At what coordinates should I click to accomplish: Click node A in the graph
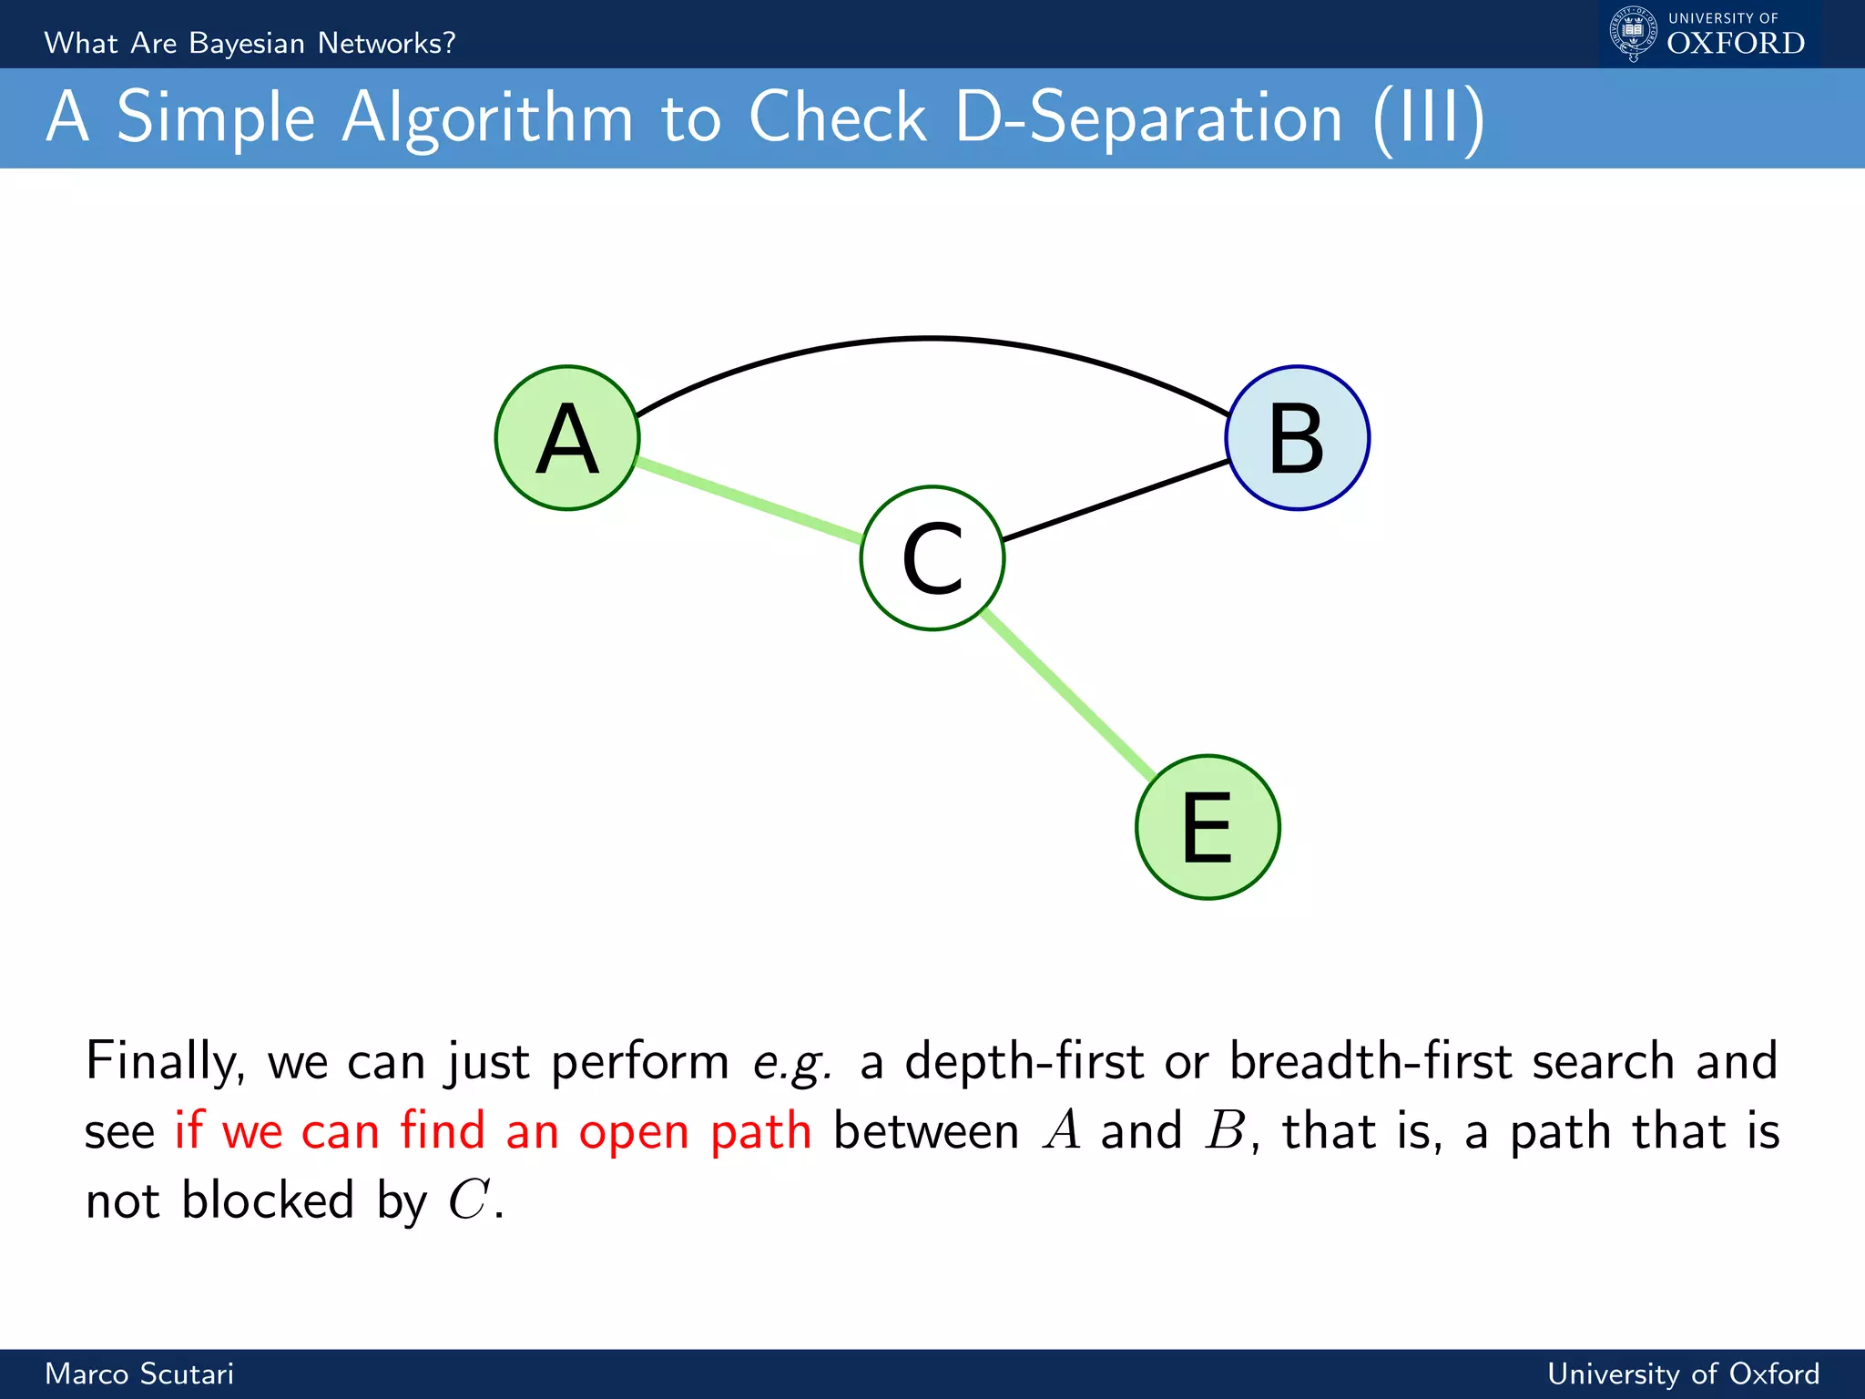pyautogui.click(x=567, y=438)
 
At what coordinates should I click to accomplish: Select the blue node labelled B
pyautogui.click(x=1297, y=438)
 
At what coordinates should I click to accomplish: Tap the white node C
pyautogui.click(x=932, y=557)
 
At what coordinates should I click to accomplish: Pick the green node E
pyautogui.click(x=1208, y=827)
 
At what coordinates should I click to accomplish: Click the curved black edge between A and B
pyautogui.click(x=931, y=339)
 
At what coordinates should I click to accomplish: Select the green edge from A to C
pyautogui.click(x=749, y=501)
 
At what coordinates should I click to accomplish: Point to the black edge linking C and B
pyautogui.click(x=1116, y=501)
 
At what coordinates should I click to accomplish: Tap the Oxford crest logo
pyautogui.click(x=1633, y=34)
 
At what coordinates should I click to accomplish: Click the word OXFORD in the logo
pyautogui.click(x=1736, y=44)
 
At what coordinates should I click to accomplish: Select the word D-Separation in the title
pyautogui.click(x=1149, y=118)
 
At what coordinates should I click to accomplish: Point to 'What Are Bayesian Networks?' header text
pyautogui.click(x=250, y=43)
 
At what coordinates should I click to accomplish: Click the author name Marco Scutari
pyautogui.click(x=139, y=1373)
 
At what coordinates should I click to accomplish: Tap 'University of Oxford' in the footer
pyautogui.click(x=1683, y=1373)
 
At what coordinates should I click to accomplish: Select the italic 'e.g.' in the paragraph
pyautogui.click(x=792, y=1062)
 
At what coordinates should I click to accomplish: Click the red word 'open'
pyautogui.click(x=634, y=1132)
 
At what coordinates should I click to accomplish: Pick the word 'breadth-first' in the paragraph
pyautogui.click(x=1371, y=1061)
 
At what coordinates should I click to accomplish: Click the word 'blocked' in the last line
pyautogui.click(x=268, y=1200)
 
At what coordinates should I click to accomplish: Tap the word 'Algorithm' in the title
pyautogui.click(x=487, y=118)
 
